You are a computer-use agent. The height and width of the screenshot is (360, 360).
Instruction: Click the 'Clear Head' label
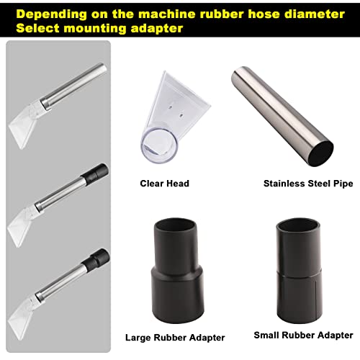164,184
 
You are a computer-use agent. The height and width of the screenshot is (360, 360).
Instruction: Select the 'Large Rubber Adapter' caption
175,337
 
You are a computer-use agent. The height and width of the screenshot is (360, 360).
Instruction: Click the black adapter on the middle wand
98,173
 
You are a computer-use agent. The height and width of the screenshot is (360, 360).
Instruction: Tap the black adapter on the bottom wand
97,256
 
